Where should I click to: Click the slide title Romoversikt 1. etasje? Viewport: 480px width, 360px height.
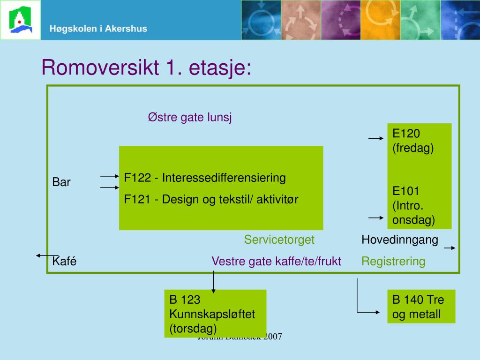[146, 67]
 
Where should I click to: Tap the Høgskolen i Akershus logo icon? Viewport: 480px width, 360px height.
[20, 20]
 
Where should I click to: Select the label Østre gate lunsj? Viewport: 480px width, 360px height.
[190, 117]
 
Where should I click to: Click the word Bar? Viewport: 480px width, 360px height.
[61, 182]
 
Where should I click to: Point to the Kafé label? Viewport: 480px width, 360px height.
[64, 261]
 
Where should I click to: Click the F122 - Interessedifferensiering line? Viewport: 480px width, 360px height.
[205, 178]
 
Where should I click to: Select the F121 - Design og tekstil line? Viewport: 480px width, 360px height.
[211, 199]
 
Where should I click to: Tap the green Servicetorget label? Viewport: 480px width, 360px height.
[279, 240]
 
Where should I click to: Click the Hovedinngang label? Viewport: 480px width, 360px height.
[399, 240]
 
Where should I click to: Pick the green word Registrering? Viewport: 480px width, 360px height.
[393, 261]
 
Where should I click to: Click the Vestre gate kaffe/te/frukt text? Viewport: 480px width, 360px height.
[276, 261]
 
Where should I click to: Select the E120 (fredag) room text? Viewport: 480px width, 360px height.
[413, 141]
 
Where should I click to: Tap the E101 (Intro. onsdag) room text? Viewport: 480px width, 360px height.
[413, 205]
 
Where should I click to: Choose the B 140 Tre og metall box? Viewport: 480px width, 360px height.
[421, 307]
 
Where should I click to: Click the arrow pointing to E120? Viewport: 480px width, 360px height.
[376, 139]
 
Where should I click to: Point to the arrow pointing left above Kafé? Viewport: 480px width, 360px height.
[47, 255]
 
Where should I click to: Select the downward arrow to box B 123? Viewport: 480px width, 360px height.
[214, 282]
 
